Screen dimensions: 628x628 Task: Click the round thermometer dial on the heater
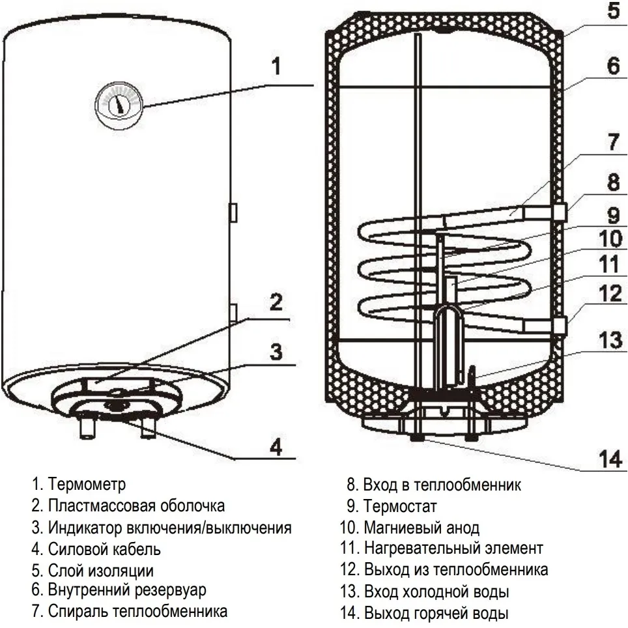[x=119, y=103]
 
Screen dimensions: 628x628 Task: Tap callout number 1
[x=276, y=66]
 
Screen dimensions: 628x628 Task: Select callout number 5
[x=613, y=12]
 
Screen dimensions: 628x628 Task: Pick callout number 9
[x=613, y=213]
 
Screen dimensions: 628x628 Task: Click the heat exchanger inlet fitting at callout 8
[x=561, y=212]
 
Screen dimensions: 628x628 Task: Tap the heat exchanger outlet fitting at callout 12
[x=561, y=324]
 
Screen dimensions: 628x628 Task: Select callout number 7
[x=613, y=144]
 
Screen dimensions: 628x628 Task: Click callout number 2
[x=276, y=302]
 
